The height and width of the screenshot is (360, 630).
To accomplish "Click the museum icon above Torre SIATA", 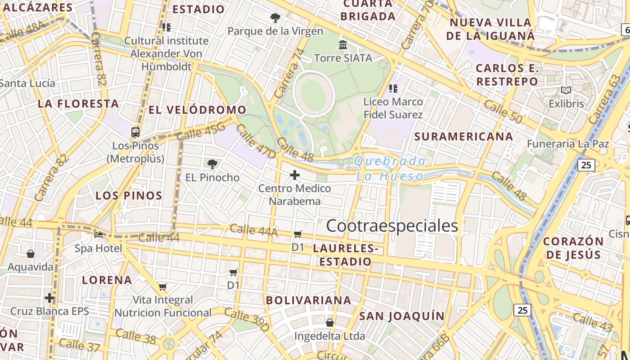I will [343, 45].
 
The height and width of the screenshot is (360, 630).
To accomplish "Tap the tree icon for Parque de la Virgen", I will [275, 18].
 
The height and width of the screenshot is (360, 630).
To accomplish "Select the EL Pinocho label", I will [212, 177].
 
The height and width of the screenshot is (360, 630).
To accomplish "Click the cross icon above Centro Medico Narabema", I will [295, 175].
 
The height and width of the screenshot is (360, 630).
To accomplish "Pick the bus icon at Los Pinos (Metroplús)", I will [135, 132].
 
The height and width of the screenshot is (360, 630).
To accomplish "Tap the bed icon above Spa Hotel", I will [99, 234].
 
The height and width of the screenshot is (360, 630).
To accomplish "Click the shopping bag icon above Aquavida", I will [31, 254].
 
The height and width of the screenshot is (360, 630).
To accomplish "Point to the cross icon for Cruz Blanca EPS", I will [49, 298].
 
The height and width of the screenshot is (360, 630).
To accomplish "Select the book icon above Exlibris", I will [566, 90].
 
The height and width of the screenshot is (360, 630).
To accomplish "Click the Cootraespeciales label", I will [392, 226].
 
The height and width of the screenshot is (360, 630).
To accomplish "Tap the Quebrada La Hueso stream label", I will [390, 168].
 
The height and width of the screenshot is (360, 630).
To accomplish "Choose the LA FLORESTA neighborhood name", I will [78, 104].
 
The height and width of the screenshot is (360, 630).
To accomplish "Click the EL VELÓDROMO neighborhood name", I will [198, 110].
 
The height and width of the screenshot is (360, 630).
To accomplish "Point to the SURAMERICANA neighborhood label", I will [463, 136].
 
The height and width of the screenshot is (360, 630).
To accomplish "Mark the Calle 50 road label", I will [503, 111].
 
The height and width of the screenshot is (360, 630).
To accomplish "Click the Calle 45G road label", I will [201, 131].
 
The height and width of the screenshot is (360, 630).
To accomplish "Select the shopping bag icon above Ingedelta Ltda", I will [330, 323].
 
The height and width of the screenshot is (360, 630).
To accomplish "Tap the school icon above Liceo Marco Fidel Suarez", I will [393, 89].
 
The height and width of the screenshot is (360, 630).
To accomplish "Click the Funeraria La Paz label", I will [568, 144].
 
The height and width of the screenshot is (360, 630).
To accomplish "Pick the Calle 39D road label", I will [247, 320].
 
